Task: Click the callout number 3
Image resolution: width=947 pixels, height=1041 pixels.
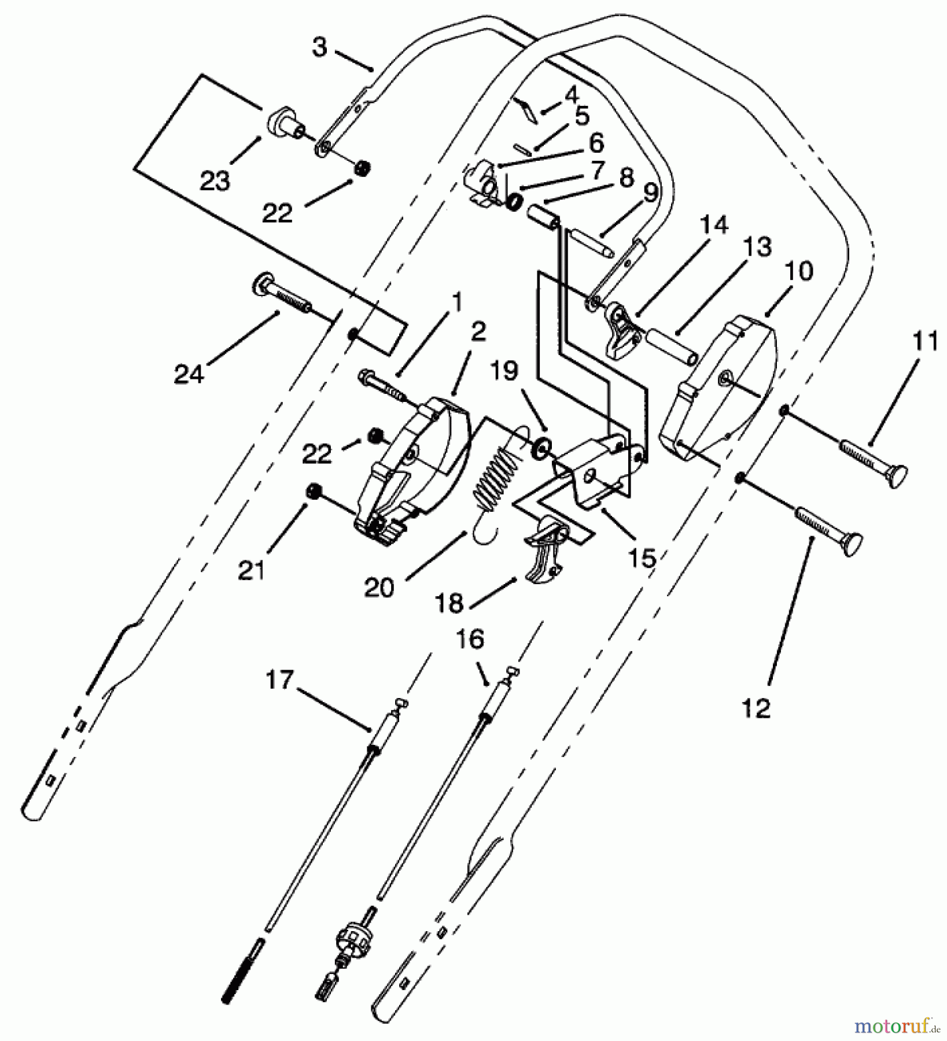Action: (320, 47)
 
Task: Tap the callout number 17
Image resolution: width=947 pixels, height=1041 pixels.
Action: (281, 681)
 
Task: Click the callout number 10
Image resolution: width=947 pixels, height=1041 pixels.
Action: (799, 271)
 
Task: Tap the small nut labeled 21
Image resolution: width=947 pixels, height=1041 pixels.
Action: (314, 492)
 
